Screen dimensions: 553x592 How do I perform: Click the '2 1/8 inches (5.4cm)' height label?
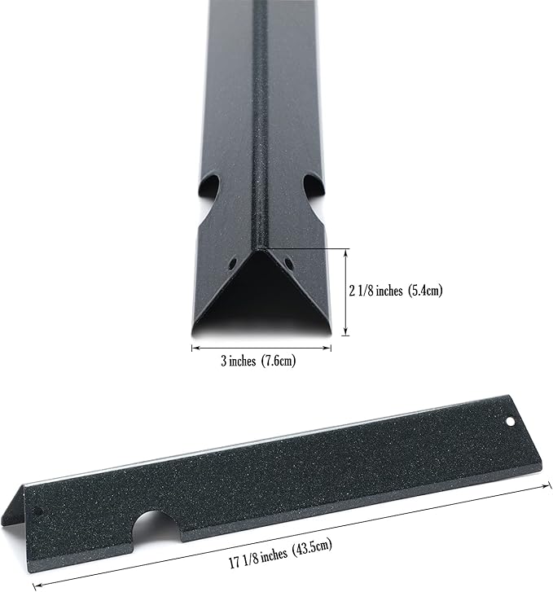396,291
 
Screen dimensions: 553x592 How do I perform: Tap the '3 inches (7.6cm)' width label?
258,361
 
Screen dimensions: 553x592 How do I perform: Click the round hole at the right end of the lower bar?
511,421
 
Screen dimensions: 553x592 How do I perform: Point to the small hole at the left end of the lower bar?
38,512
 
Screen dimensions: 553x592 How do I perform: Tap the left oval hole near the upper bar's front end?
233,263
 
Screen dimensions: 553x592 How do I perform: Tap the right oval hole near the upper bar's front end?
288,263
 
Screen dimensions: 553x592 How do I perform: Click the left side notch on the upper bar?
209,190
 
